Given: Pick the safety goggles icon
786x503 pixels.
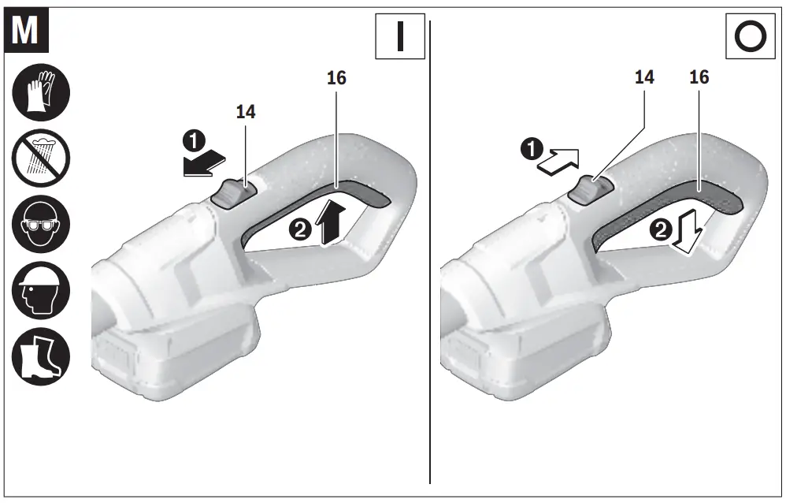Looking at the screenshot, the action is (x=41, y=223).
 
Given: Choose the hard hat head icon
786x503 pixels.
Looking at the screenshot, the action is (x=41, y=290).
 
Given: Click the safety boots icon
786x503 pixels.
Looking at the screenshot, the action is (x=41, y=356).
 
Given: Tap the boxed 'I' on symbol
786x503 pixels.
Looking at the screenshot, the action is (x=399, y=36).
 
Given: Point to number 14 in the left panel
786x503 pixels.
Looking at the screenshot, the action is (x=246, y=112).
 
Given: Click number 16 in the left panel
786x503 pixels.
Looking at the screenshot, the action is (x=336, y=77).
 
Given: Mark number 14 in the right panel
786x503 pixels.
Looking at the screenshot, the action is (x=644, y=77).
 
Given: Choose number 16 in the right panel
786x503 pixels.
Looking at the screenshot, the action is (x=699, y=77).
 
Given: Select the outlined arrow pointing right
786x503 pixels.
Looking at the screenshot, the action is (x=560, y=161).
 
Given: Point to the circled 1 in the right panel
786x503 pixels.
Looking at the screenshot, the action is (x=536, y=147).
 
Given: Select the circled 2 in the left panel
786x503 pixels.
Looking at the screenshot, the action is (x=300, y=230).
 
